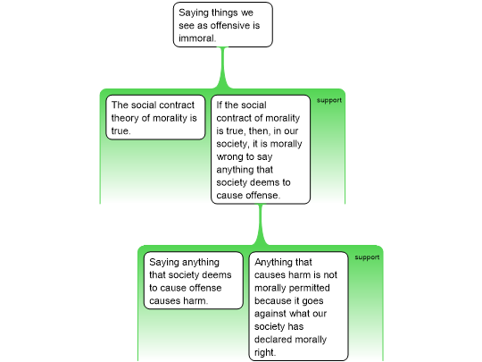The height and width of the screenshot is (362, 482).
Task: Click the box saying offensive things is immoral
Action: point(223,25)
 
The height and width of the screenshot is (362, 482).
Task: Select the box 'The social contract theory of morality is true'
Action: point(155,117)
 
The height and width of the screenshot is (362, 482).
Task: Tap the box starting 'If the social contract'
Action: point(261,149)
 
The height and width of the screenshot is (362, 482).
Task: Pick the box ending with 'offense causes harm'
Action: point(194,281)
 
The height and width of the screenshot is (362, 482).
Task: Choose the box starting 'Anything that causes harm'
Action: point(298,307)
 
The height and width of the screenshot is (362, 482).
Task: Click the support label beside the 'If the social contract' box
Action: point(329,100)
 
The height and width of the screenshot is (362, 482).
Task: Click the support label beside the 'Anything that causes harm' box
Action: point(367,257)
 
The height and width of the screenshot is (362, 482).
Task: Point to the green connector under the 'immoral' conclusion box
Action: point(223,68)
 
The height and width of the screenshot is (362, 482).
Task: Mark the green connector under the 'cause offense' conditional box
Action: point(261,224)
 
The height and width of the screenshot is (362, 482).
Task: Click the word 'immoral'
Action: point(197,38)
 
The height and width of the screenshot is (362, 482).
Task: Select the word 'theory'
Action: point(125,118)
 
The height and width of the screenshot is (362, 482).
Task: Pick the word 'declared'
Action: point(272,340)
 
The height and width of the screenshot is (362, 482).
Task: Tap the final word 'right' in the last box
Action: point(265,352)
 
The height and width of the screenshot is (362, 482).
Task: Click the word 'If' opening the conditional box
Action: point(220,105)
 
